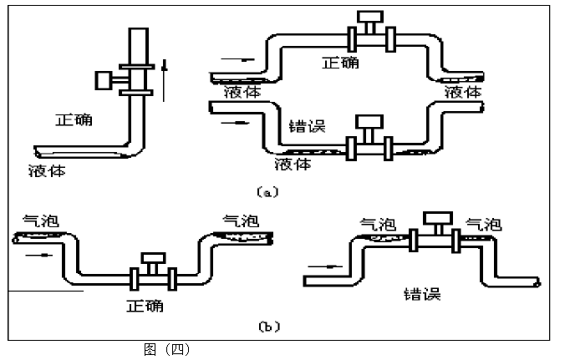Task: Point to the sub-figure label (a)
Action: [x=267, y=191]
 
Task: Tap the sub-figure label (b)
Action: [x=267, y=327]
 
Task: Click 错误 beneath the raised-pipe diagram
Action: [x=421, y=294]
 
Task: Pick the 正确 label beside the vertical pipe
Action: [x=74, y=119]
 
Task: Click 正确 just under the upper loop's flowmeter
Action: [x=342, y=62]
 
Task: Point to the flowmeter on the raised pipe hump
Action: [x=435, y=231]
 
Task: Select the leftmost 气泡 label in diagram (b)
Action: [x=36, y=221]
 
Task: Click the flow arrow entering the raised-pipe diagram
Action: [x=320, y=270]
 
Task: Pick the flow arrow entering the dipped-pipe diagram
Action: [x=32, y=256]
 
